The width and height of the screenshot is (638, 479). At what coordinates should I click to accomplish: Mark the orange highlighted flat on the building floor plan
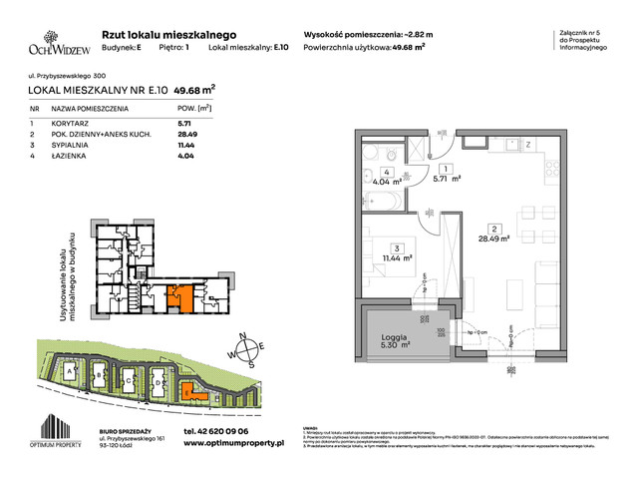[x=182, y=298]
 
